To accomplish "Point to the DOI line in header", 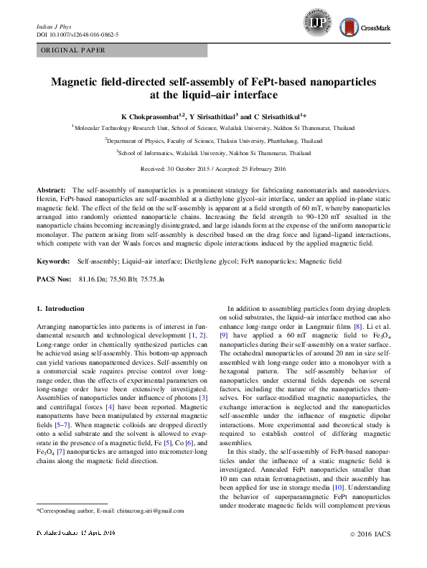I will click(77, 34).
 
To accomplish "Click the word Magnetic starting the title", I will click(73, 82).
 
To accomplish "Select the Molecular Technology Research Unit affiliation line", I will click(213, 126).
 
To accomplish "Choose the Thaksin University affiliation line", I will click(213, 140).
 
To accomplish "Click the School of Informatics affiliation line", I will click(213, 153).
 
